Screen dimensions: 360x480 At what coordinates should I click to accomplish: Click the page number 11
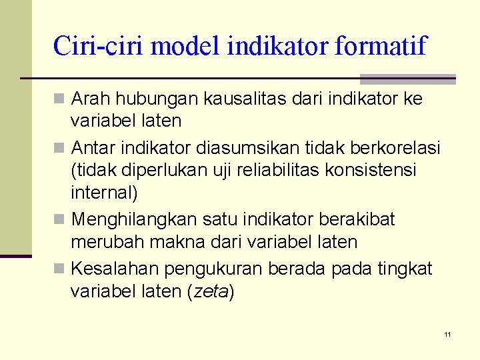coord(448,333)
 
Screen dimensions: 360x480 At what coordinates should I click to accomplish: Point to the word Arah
coord(91,99)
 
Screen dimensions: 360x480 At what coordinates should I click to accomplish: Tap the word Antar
coord(92,146)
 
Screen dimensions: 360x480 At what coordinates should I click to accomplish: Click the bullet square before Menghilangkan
coord(60,219)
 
